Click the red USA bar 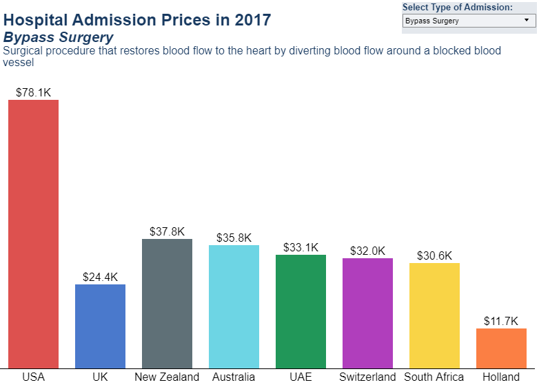pos(33,234)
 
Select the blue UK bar pos(100,326)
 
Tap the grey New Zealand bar pos(167,304)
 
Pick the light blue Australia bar pos(234,306)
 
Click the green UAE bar pos(301,311)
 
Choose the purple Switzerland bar pos(367,313)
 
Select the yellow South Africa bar pos(434,315)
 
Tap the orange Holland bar pos(501,348)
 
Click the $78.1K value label pos(33,92)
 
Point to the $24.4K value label pos(100,277)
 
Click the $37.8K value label pos(167,231)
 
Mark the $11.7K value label pos(501,321)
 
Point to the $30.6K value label pos(434,255)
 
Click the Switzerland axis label pos(367,377)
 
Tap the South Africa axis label pos(434,377)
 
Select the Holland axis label pos(501,377)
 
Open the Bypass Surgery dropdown pos(468,21)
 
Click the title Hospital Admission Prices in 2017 pos(137,19)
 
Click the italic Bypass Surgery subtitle pos(59,37)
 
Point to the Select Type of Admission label pos(457,7)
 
